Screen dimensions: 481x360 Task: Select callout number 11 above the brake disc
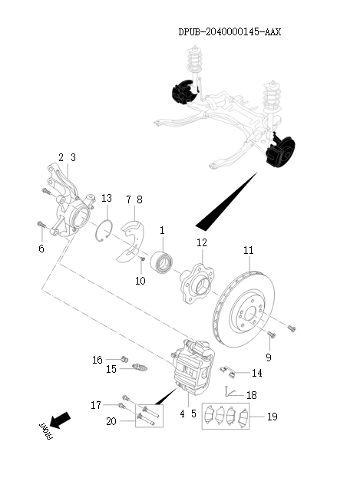(x=248, y=250)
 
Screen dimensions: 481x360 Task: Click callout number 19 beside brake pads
(x=272, y=417)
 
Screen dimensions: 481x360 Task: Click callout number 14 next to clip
(x=256, y=374)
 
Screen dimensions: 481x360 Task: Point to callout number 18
(x=252, y=395)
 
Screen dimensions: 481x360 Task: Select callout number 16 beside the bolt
(x=97, y=359)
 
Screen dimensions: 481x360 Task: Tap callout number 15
(x=111, y=369)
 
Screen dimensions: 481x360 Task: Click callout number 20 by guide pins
(x=111, y=420)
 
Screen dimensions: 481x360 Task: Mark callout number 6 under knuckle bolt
(x=41, y=249)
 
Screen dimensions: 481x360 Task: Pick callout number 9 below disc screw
(x=269, y=357)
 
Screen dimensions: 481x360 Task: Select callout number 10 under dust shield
(x=140, y=282)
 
